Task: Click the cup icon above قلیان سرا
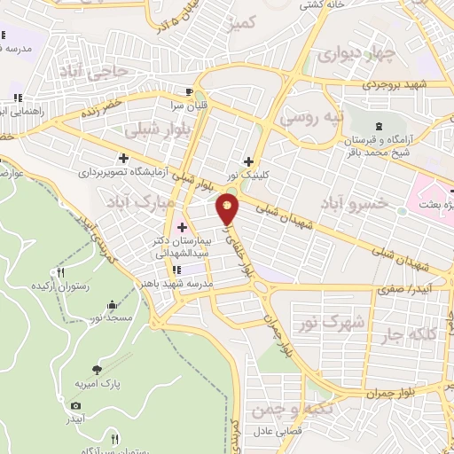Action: (188, 91)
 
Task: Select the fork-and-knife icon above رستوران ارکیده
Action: (61, 272)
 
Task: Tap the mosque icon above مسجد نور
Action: (113, 306)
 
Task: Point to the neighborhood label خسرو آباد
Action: (356, 204)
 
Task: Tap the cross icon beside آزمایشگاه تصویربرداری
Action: (123, 159)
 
